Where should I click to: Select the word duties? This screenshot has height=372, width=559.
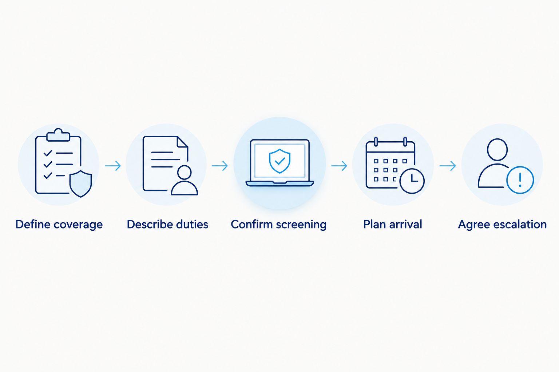(192, 224)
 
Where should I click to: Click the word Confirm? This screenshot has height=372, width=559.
(251, 224)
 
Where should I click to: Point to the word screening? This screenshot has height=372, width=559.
(301, 225)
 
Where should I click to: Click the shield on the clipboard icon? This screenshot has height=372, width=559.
(80, 184)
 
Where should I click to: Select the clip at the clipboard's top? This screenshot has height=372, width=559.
(58, 135)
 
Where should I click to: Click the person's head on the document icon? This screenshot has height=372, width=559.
(184, 172)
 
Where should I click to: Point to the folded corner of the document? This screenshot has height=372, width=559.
(182, 142)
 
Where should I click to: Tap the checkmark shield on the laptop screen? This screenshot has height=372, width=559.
(279, 161)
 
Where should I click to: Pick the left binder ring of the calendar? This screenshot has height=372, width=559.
(376, 141)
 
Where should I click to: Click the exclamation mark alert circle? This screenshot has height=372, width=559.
(520, 180)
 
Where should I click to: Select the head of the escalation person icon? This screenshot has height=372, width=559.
(497, 150)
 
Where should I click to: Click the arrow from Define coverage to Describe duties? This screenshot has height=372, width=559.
(113, 166)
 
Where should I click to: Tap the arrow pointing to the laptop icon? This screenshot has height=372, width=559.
(220, 166)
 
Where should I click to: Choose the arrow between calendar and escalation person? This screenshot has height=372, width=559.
(448, 166)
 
